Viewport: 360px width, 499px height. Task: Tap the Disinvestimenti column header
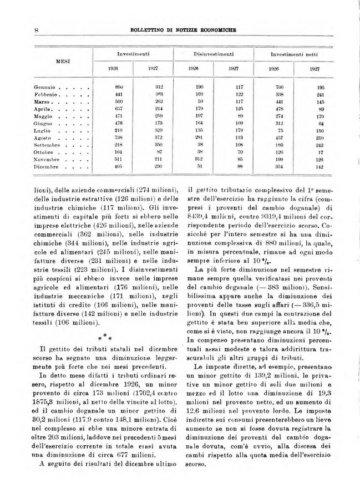tap(212, 54)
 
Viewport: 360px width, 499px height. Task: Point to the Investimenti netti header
tap(293, 54)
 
